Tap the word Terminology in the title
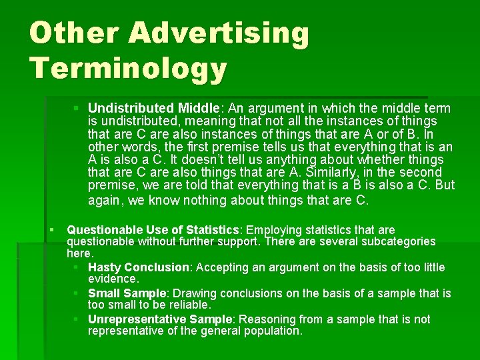click(x=128, y=69)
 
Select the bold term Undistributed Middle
click(x=153, y=108)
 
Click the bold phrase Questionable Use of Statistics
click(x=153, y=230)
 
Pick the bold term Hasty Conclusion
click(x=139, y=267)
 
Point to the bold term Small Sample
click(x=127, y=293)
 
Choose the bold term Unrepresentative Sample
click(x=160, y=319)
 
